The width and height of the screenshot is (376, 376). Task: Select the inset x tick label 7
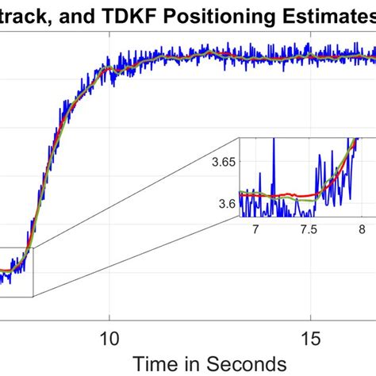coord(255,228)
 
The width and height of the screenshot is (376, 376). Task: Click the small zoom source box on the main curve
coord(16,272)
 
